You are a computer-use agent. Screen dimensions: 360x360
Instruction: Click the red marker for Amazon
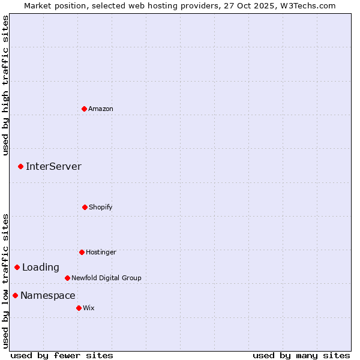coord(85,109)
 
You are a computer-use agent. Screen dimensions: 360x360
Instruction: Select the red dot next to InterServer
coord(20,166)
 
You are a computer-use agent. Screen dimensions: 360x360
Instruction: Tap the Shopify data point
coord(85,207)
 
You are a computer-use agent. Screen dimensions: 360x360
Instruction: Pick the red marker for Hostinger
coord(82,252)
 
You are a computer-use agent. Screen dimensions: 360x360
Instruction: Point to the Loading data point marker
coord(17,267)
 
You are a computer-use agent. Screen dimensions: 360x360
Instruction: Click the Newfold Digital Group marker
coord(67,278)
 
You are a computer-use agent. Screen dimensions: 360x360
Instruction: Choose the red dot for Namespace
coord(15,295)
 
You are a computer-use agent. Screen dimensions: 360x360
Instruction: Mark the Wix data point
coord(79,308)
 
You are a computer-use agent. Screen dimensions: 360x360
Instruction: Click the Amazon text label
coord(101,109)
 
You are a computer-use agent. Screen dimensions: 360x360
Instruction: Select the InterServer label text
coord(53,166)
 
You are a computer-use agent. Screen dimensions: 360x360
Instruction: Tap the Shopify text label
coord(101,207)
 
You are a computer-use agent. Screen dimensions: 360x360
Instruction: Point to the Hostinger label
coord(101,252)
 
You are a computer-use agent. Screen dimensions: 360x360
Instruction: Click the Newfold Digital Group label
coord(106,278)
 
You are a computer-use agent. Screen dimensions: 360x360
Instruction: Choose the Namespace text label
coord(48,295)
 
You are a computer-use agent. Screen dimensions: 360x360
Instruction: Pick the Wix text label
coord(89,308)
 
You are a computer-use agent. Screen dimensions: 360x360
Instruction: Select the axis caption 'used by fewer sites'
coord(62,355)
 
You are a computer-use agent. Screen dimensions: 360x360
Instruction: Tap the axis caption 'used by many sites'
coord(301,355)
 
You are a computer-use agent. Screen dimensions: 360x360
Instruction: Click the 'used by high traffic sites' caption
coord(5,85)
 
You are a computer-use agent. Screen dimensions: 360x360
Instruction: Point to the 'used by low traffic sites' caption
coord(5,281)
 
